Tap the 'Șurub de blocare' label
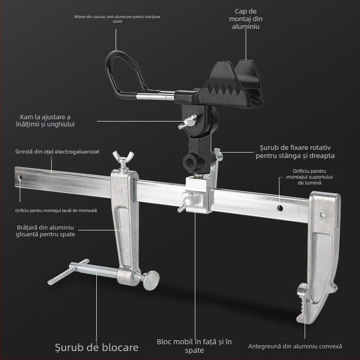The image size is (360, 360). [x=97, y=347]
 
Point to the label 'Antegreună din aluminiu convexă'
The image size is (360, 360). [x=295, y=346]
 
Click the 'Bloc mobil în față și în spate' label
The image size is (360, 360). [x=194, y=346]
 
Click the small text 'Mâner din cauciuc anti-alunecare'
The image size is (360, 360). [x=117, y=18]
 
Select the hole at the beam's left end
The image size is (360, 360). [x=19, y=178]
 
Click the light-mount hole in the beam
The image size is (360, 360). [x=280, y=208]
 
